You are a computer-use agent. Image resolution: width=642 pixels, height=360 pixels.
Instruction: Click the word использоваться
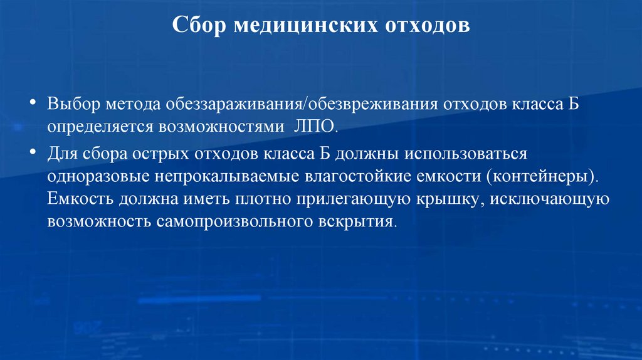[x=471, y=154]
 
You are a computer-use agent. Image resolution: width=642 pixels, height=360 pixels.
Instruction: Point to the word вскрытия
[x=360, y=222]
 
